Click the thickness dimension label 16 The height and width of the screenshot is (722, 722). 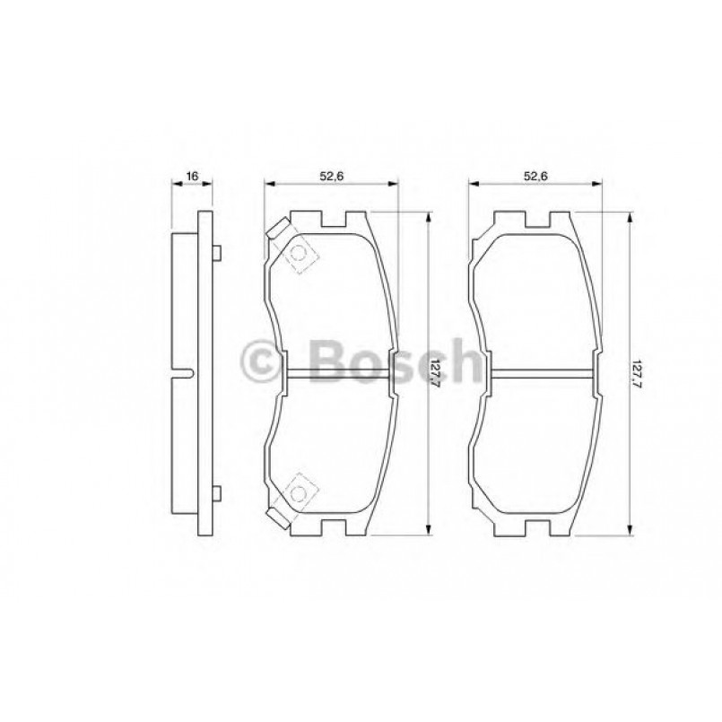tap(191, 176)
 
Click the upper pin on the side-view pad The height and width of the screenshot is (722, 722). tap(215, 253)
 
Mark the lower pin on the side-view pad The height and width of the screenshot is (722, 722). tap(215, 491)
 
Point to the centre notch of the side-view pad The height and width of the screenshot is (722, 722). tap(185, 372)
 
